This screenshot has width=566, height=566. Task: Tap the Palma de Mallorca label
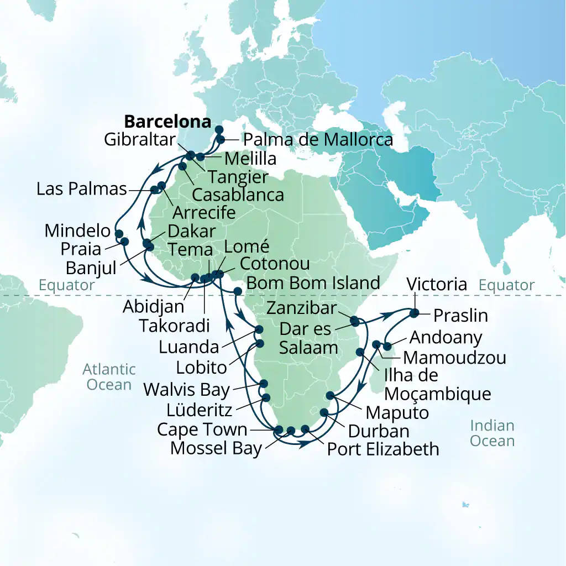point(318,140)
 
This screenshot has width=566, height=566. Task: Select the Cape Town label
point(202,429)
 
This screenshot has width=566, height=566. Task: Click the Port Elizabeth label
point(382,448)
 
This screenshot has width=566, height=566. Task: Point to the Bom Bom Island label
point(313,283)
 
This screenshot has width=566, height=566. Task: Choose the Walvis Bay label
point(186,390)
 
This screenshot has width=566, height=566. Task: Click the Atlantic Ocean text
point(109,376)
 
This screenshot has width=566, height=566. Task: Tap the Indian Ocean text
point(492,433)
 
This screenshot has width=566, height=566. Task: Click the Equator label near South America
point(67,285)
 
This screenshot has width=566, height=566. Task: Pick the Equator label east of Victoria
point(506,285)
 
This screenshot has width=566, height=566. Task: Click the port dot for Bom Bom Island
point(238,291)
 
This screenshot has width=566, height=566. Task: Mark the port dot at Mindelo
point(118,233)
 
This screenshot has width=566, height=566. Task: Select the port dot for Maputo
point(331,395)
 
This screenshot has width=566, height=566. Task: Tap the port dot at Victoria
point(413,315)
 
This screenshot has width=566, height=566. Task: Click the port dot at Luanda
point(259,330)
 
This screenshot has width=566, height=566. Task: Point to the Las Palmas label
point(82,189)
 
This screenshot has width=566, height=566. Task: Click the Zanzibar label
point(302,309)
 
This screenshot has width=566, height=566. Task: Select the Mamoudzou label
point(454,357)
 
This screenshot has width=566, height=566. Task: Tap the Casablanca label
point(238,195)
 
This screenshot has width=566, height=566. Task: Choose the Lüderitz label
point(200,410)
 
